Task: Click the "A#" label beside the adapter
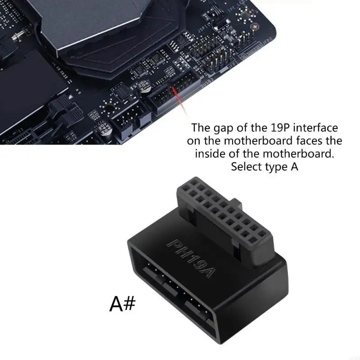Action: [x=122, y=304]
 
